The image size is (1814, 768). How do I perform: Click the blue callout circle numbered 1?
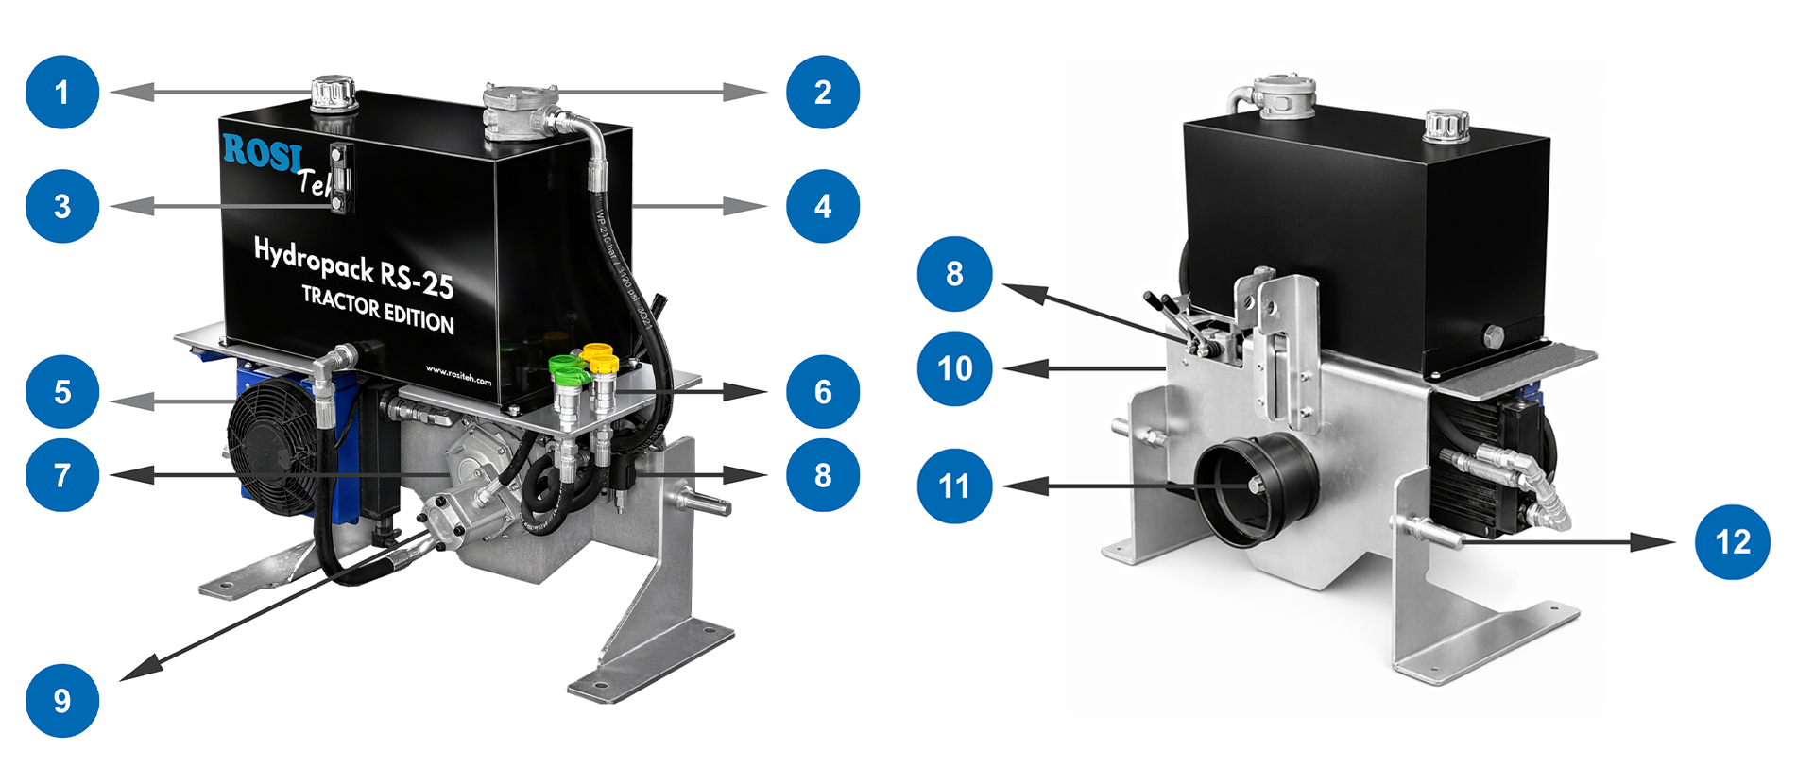tap(62, 93)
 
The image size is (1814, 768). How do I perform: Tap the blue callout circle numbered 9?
tap(62, 701)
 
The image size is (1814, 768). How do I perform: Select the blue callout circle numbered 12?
tap(1732, 542)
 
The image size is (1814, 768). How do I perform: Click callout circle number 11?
tap(954, 486)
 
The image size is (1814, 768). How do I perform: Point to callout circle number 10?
tap(954, 368)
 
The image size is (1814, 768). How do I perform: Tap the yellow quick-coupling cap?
tap(599, 358)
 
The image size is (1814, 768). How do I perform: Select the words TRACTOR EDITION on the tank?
tap(378, 310)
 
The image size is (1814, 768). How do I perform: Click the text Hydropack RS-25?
tap(353, 267)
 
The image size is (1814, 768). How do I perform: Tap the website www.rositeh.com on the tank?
tap(458, 375)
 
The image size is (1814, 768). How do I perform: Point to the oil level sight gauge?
tap(340, 179)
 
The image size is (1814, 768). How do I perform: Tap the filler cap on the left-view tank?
tap(334, 94)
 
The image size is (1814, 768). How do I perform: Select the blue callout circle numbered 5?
tap(62, 392)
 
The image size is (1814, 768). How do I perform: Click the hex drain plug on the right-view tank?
tap(1494, 336)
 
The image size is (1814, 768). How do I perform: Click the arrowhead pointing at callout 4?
tap(746, 206)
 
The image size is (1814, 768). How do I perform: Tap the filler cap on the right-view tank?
tap(1446, 124)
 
